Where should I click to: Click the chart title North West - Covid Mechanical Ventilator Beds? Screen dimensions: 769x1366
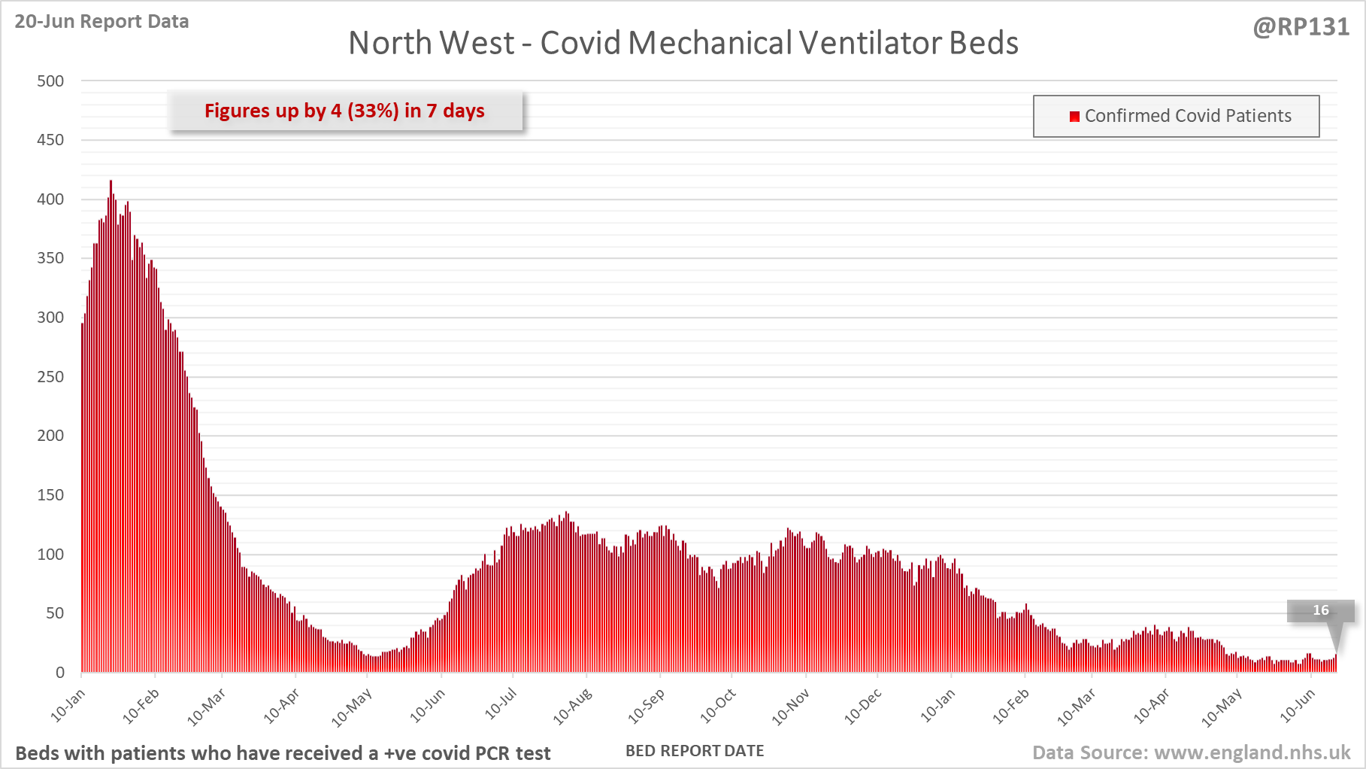(x=683, y=43)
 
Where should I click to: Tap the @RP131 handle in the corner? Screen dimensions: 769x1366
(x=1301, y=27)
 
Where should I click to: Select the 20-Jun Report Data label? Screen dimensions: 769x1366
(x=101, y=21)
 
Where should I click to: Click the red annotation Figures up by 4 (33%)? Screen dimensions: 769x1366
(x=344, y=111)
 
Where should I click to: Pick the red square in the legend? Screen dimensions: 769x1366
(x=1074, y=116)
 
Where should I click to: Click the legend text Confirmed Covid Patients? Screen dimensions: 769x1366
(x=1188, y=116)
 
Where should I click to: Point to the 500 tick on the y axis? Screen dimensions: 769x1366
(x=50, y=81)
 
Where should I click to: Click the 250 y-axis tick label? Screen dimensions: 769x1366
(x=50, y=377)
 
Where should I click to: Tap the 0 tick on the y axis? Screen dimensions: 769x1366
(x=60, y=673)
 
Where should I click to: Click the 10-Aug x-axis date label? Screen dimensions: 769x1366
(x=574, y=706)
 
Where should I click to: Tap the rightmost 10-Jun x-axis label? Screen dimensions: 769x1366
(x=1298, y=706)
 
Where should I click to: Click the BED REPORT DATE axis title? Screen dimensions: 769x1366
(x=695, y=751)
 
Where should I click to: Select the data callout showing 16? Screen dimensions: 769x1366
(x=1321, y=610)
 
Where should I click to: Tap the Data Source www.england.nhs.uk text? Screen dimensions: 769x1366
(x=1191, y=752)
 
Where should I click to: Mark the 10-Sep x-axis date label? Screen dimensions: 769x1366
(x=647, y=706)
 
